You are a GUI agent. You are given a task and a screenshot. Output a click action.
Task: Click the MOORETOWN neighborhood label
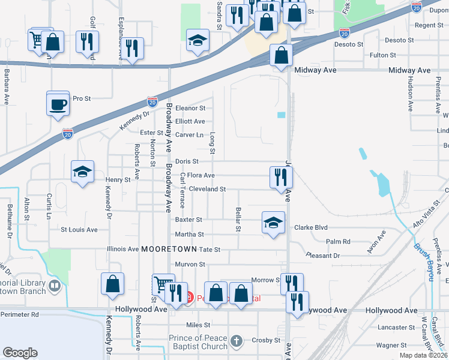(168, 249)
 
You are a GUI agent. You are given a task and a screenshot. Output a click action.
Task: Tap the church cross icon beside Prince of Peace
(237, 341)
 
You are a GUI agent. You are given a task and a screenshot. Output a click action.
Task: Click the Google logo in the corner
(20, 353)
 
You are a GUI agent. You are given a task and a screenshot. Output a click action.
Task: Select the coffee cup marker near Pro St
(58, 104)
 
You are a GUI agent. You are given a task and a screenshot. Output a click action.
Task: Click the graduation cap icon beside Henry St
(82, 172)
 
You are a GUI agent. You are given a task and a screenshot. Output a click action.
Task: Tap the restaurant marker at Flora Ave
(280, 177)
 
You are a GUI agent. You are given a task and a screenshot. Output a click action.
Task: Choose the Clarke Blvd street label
(310, 227)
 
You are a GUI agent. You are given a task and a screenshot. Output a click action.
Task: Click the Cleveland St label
(207, 189)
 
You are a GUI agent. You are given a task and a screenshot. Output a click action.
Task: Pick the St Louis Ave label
(79, 230)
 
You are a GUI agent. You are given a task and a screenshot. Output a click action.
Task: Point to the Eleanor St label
(190, 109)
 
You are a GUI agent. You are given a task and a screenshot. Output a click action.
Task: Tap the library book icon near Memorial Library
(55, 286)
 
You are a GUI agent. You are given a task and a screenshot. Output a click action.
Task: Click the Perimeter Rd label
(19, 314)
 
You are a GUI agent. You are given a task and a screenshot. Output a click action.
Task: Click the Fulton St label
(382, 55)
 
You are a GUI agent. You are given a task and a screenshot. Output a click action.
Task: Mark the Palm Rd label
(338, 242)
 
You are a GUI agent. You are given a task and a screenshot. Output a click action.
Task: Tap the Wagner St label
(391, 346)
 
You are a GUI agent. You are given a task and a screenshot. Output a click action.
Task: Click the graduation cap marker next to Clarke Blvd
(273, 223)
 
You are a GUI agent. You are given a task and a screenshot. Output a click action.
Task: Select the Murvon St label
(190, 265)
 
